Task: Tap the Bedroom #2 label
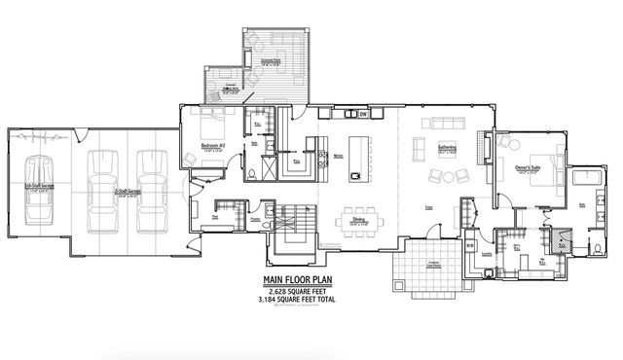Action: pyautogui.click(x=214, y=145)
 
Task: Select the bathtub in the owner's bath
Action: pyautogui.click(x=589, y=177)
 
